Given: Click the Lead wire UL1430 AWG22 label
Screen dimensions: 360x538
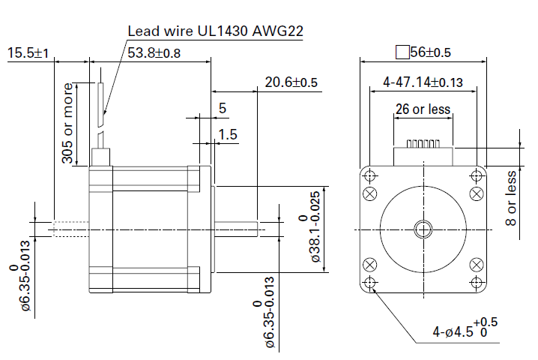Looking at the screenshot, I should click(217, 31).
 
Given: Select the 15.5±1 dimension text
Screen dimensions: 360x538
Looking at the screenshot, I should click(28, 53).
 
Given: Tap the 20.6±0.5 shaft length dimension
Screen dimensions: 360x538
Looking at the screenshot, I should click(291, 82).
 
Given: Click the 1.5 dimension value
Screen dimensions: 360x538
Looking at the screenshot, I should click(228, 134).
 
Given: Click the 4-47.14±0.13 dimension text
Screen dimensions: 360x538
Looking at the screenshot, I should click(423, 82).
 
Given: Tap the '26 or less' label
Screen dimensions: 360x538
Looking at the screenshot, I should click(423, 109).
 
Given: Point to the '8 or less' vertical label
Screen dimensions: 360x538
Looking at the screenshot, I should click(511, 198).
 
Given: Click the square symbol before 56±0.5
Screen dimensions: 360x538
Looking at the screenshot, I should click(402, 52).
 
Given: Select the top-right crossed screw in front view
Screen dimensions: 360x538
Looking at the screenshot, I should click(477, 192).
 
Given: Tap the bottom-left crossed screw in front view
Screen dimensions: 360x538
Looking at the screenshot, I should click(369, 265).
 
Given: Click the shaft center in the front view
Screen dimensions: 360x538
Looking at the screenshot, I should click(423, 228).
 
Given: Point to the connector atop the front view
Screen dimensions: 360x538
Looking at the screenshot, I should click(423, 153).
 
